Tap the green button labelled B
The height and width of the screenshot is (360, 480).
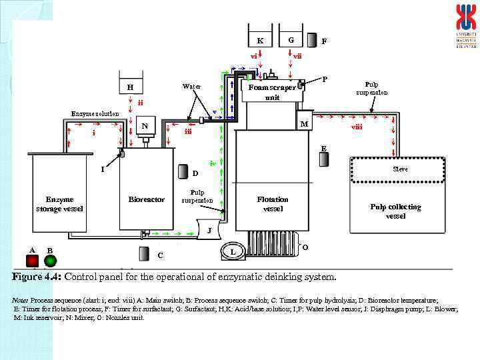pyautogui.click(x=50, y=260)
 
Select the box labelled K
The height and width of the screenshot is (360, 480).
pyautogui.click(x=260, y=40)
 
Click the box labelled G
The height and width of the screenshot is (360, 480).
pyautogui.click(x=291, y=40)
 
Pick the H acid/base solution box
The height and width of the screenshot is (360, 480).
pyautogui.click(x=131, y=87)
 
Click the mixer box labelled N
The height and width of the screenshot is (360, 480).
pyautogui.click(x=145, y=126)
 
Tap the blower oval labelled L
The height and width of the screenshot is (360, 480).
pyautogui.click(x=232, y=251)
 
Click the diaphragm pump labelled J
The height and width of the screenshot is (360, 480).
pyautogui.click(x=209, y=230)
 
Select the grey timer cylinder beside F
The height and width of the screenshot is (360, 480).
pyautogui.click(x=313, y=40)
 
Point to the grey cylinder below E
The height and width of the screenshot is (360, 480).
pyautogui.click(x=324, y=160)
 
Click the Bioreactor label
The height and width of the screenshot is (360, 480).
pyautogui.click(x=146, y=199)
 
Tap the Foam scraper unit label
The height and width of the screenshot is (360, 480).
pyautogui.click(x=272, y=92)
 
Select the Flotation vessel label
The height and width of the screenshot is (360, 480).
pyautogui.click(x=273, y=203)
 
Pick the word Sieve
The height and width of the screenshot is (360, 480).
pyautogui.click(x=400, y=169)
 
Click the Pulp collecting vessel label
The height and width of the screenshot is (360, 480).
pyautogui.click(x=395, y=211)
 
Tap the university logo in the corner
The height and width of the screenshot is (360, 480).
pyautogui.click(x=466, y=25)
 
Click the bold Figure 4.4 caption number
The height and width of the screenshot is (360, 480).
pyautogui.click(x=37, y=277)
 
